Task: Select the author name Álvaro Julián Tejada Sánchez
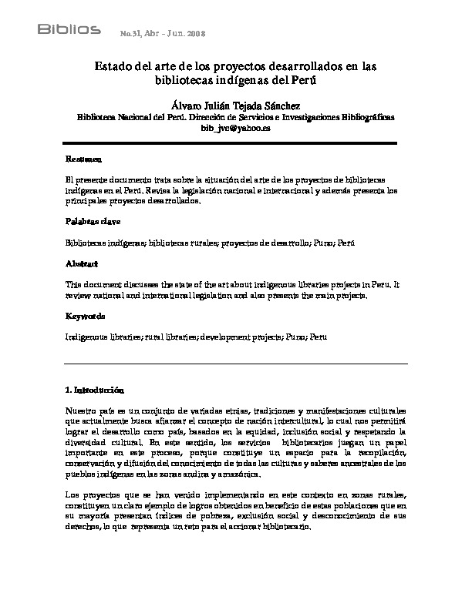tap(235, 105)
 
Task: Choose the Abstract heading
tap(82, 264)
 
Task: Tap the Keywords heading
tap(85, 317)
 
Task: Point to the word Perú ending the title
tap(305, 81)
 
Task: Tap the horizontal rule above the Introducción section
tap(235, 363)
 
